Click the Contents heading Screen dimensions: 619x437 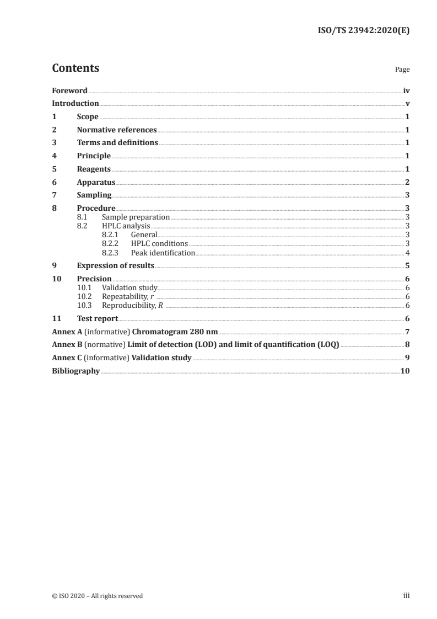pos(75,68)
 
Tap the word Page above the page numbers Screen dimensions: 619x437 pos(402,70)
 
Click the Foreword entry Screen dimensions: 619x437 pos(69,90)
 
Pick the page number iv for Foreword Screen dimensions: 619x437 pos(406,90)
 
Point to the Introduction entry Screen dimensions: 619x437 pos(75,104)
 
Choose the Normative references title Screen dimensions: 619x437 pos(117,130)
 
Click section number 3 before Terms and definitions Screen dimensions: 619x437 pos(54,143)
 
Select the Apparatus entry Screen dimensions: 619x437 pos(96,182)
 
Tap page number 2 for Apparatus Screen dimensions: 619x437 pos(407,182)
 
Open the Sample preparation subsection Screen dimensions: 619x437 pos(136,217)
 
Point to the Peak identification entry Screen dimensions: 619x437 pos(163,253)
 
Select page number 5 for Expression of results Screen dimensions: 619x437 pos(407,266)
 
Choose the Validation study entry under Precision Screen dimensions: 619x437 pos(130,288)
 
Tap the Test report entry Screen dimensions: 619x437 pos(98,318)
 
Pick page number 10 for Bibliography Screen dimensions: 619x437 pos(405,371)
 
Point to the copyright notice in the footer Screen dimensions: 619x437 pos(97,596)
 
